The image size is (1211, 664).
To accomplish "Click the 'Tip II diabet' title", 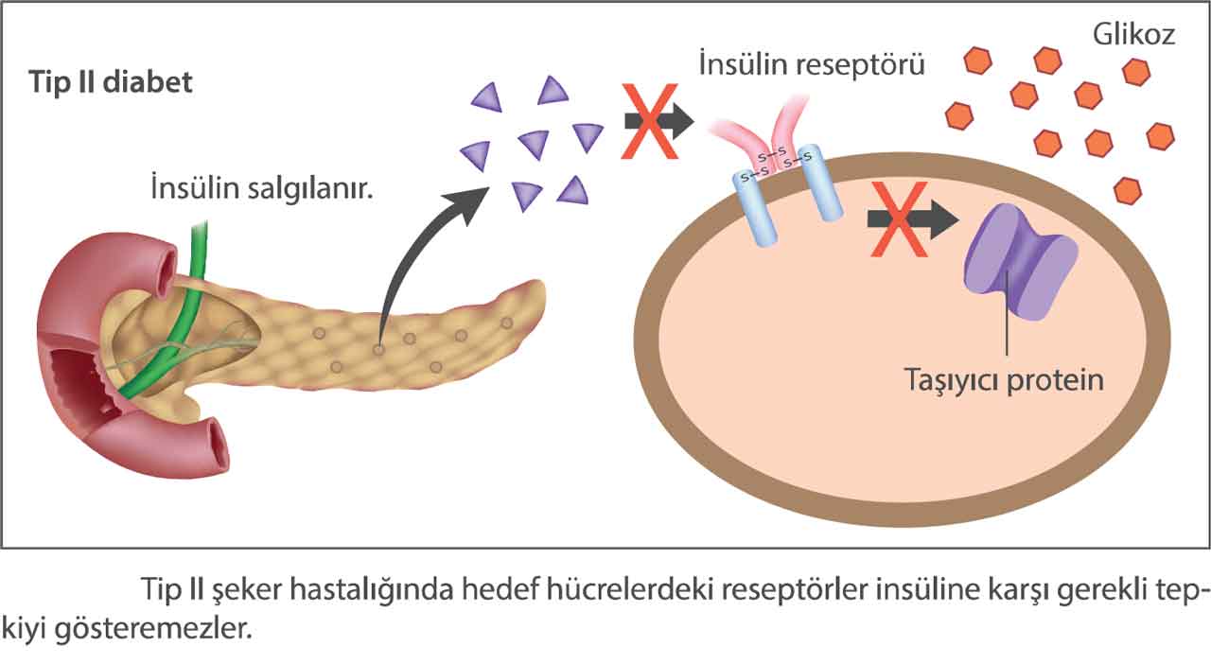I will [x=111, y=82].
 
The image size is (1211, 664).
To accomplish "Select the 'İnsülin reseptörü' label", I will [x=811, y=65].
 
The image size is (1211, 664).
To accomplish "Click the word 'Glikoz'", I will [x=1133, y=35].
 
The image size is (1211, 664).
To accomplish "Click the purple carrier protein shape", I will [x=1020, y=262].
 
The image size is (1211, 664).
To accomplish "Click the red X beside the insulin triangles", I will [x=650, y=120].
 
